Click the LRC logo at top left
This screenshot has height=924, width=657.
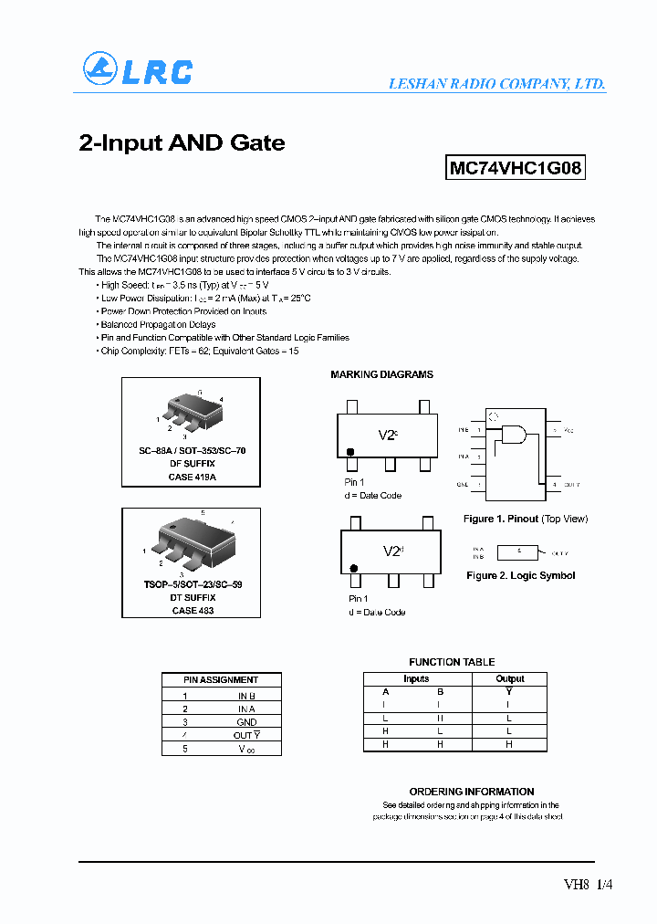pyautogui.click(x=137, y=70)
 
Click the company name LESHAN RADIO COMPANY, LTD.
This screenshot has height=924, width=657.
pyautogui.click(x=496, y=83)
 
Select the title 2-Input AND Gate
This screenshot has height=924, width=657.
pyautogui.click(x=182, y=143)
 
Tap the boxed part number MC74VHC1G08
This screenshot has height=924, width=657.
pyautogui.click(x=516, y=169)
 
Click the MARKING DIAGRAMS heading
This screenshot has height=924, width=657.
pyautogui.click(x=381, y=374)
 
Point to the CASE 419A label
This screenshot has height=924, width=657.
pyautogui.click(x=192, y=477)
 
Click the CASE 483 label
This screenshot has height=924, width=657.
pyautogui.click(x=192, y=610)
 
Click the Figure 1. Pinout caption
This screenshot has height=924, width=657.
pyautogui.click(x=526, y=519)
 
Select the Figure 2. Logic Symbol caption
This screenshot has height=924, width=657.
pyautogui.click(x=520, y=576)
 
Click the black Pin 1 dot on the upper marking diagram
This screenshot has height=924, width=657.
pyautogui.click(x=349, y=452)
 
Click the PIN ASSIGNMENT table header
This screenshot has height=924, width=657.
pyautogui.click(x=221, y=679)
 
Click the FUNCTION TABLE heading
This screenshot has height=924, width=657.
pyautogui.click(x=452, y=662)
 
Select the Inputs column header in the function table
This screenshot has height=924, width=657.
pyautogui.click(x=416, y=678)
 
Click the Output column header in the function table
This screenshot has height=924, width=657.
pyautogui.click(x=509, y=678)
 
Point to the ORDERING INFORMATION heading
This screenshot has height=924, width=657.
pyautogui.click(x=472, y=792)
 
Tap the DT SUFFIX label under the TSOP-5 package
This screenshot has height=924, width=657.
pyautogui.click(x=192, y=597)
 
